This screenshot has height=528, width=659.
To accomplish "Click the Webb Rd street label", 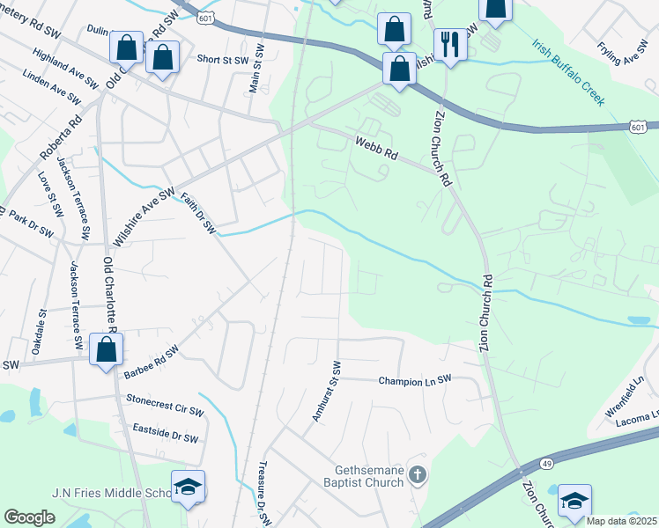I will pos(377,148).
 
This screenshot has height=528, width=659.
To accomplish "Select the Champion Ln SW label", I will pos(415,380).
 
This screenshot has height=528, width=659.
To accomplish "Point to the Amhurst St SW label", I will pos(325,391).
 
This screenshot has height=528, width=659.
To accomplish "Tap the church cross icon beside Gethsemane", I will pos(418,476).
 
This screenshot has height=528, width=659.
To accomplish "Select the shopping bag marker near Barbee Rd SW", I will pos(107,349).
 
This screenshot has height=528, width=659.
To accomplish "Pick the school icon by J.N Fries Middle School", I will pos(188,487).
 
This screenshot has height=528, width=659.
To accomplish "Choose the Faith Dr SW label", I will pos(198,212).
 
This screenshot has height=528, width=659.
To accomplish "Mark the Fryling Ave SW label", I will pos(622,54).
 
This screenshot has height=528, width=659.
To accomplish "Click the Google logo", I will pos(29,517).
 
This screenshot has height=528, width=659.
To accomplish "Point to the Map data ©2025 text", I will pos(621,521).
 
